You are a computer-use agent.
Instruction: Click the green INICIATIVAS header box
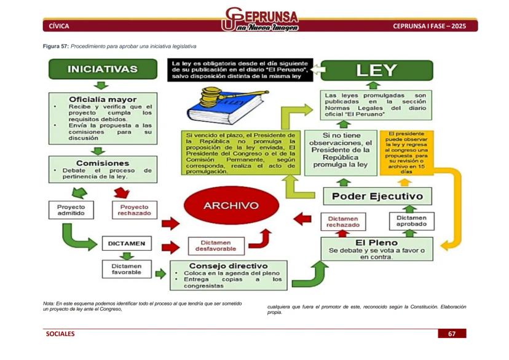102,69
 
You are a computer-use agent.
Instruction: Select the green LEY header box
376,69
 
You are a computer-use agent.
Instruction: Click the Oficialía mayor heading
103,99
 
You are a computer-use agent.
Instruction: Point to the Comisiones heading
103,163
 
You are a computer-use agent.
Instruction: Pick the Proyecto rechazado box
134,211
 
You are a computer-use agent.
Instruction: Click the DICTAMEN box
126,243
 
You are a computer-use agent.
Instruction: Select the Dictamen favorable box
126,269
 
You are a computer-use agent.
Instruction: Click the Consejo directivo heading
229,265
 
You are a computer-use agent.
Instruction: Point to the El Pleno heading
376,242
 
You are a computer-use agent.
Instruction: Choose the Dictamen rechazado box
343,222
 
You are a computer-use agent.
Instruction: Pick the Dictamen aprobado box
411,221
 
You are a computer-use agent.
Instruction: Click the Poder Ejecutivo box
377,197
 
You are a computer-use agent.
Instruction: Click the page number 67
452,334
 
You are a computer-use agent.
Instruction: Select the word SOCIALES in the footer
60,334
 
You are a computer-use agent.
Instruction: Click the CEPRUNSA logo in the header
261,20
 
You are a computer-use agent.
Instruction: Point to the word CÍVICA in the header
59,26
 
